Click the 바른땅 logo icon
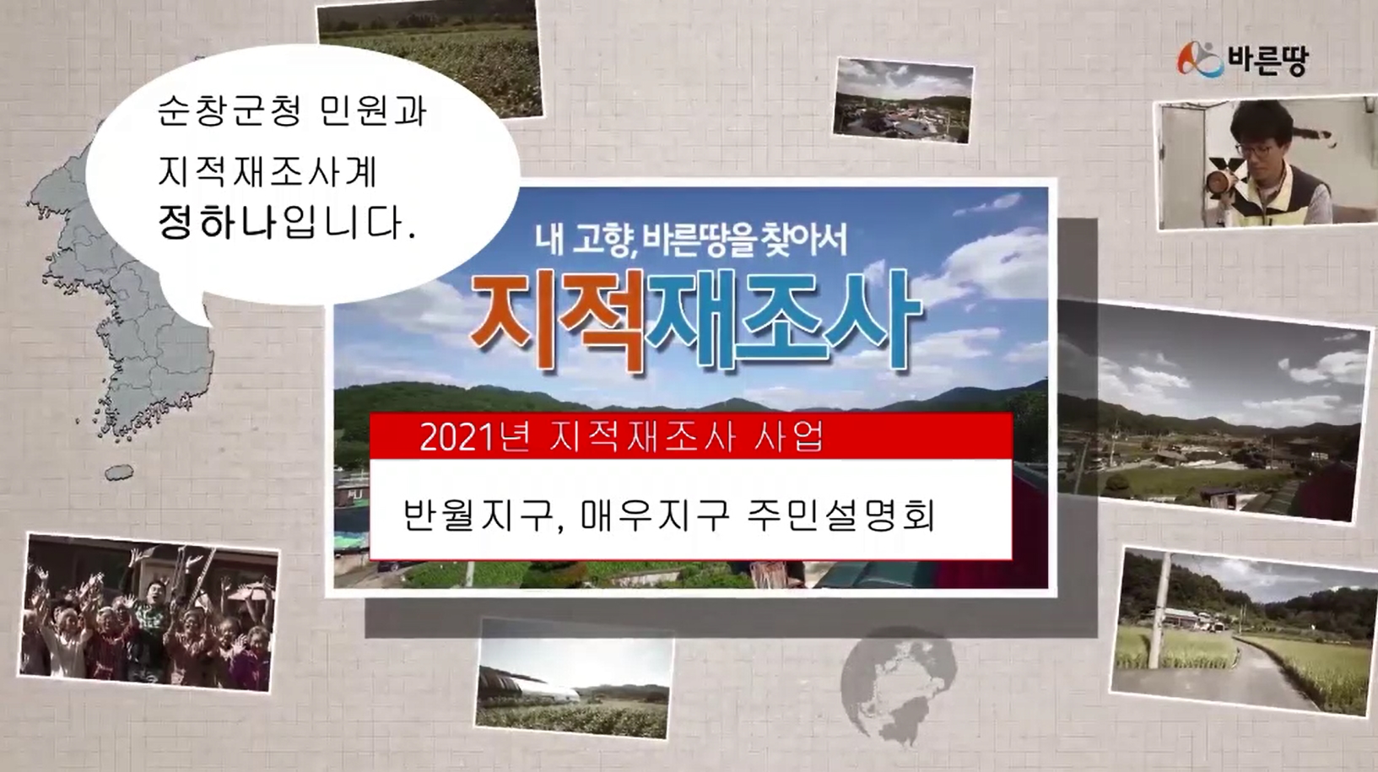[x=1199, y=60]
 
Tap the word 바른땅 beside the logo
[x=1268, y=60]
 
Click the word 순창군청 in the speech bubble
[x=229, y=111]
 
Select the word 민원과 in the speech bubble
[x=373, y=111]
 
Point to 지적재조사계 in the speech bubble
[x=267, y=171]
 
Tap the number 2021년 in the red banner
[x=474, y=437]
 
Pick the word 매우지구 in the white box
[x=654, y=515]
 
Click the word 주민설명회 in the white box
[x=840, y=515]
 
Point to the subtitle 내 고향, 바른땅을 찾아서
[x=691, y=240]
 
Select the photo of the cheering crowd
[x=148, y=612]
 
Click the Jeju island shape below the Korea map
[x=119, y=472]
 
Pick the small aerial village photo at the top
[x=903, y=100]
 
